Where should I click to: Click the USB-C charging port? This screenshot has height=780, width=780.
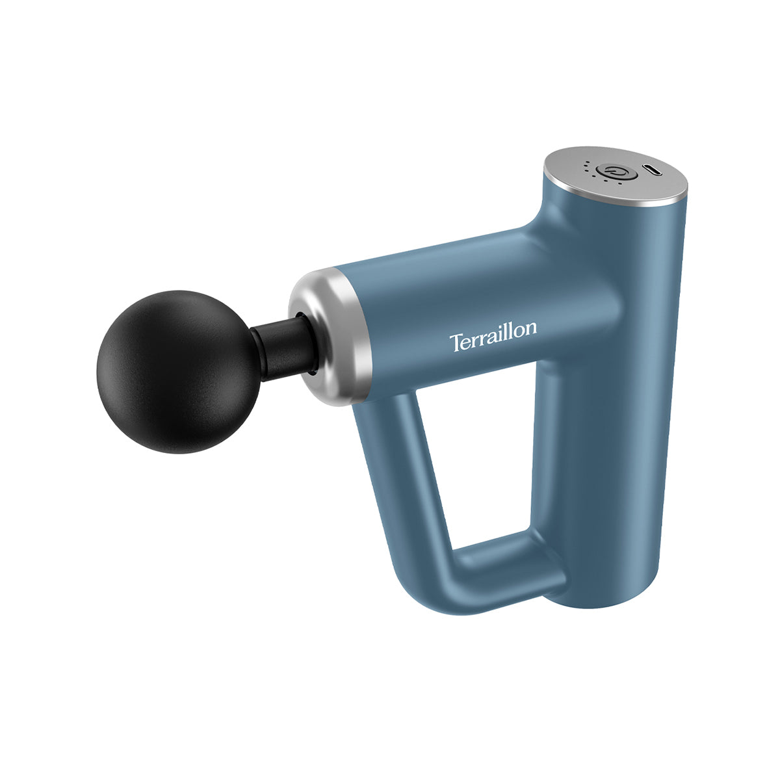(x=653, y=170)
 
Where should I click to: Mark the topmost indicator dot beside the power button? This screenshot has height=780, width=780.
(x=587, y=162)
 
